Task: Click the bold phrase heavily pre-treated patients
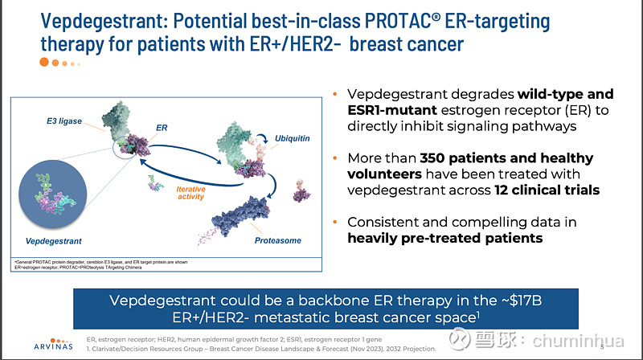tap(445, 238)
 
